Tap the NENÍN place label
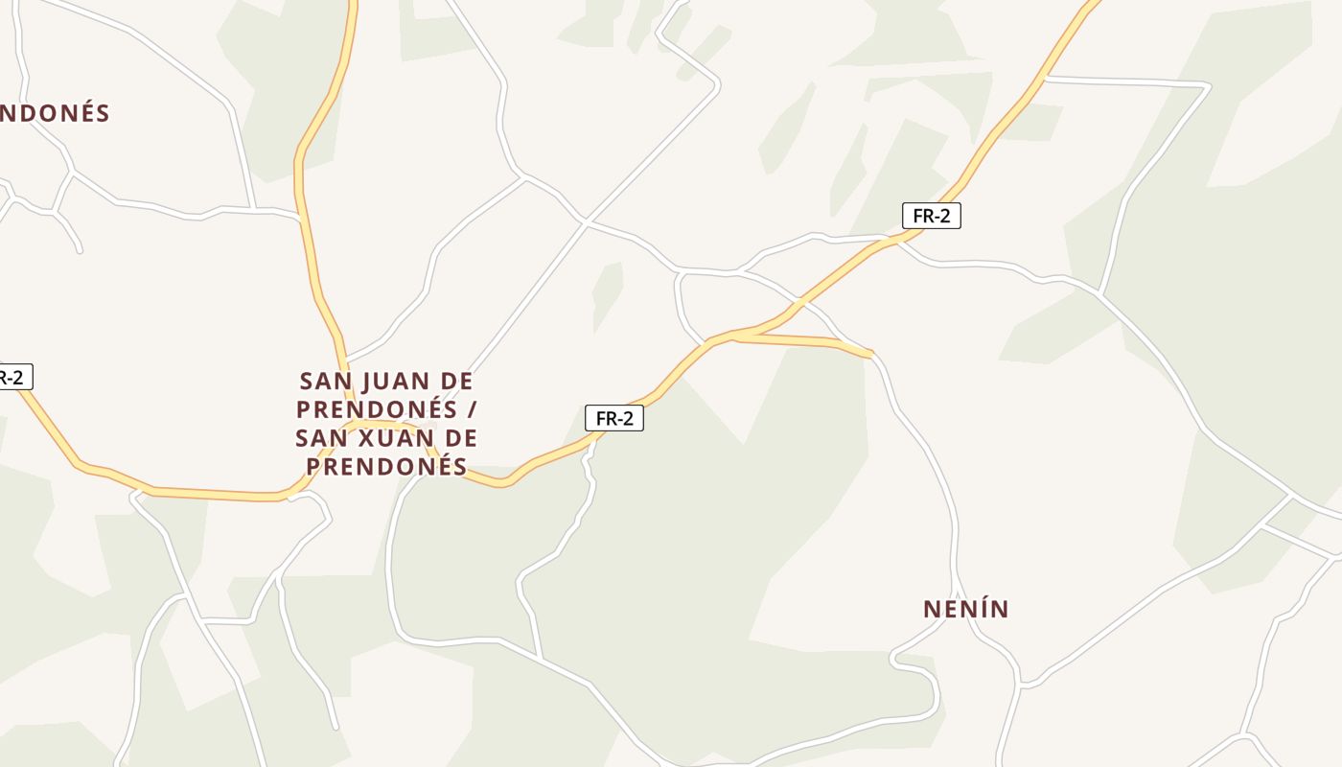click(965, 609)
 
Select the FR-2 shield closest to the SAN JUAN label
click(613, 418)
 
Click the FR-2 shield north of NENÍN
click(931, 216)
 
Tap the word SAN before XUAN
click(320, 438)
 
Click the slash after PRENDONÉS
click(470, 409)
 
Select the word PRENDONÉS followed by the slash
click(376, 409)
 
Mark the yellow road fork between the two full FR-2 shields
click(734, 336)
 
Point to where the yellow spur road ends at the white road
click(870, 354)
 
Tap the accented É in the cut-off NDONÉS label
click(81, 113)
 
